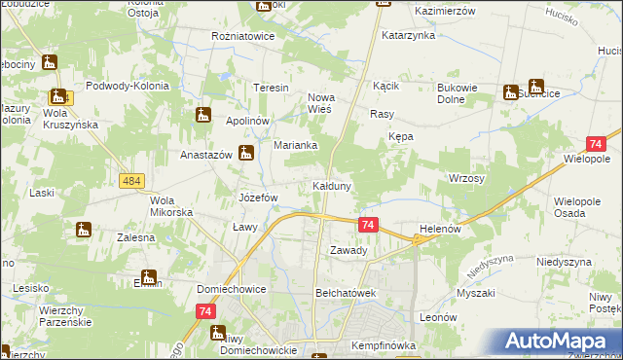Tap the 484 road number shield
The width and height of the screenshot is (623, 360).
pos(132,181)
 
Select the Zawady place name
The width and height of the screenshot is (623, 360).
pos(348,250)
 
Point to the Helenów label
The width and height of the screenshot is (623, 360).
pos(438,229)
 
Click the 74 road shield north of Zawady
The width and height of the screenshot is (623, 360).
pos(368,225)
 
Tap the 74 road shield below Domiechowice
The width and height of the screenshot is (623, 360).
pos(204,310)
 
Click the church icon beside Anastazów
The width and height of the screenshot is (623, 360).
pos(247,152)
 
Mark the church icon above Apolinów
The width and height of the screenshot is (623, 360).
pos(203,115)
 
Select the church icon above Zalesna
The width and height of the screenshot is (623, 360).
pos(82,231)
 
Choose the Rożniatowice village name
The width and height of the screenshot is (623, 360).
pos(243,36)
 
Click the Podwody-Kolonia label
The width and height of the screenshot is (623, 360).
pos(128,86)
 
